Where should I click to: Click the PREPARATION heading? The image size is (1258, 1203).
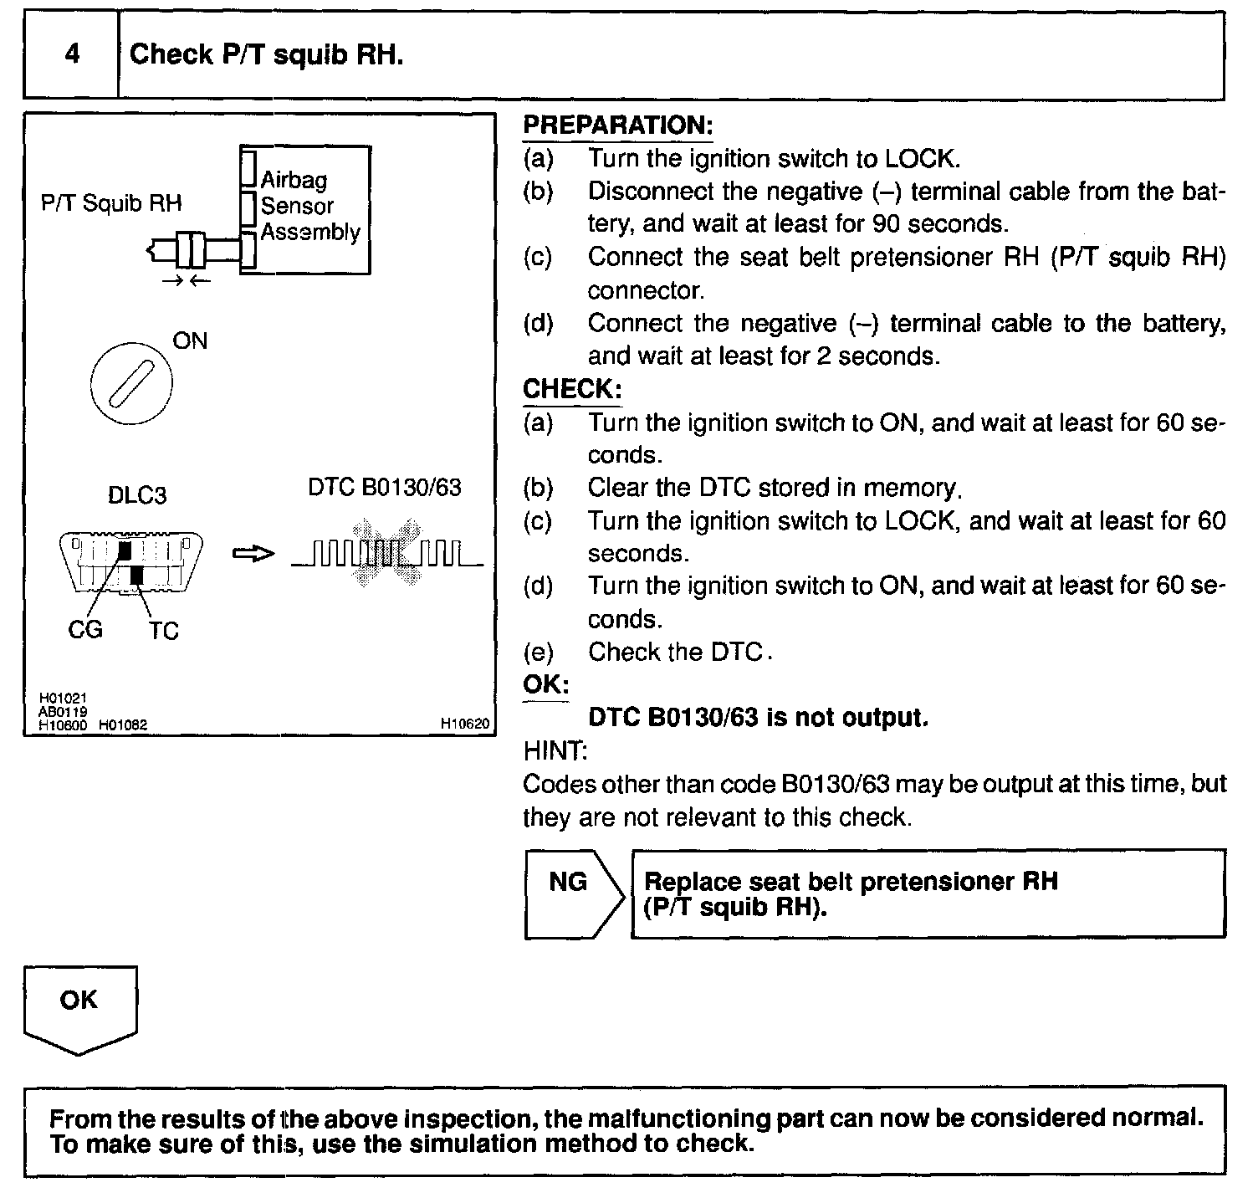617,125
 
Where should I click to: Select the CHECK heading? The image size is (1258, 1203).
572,389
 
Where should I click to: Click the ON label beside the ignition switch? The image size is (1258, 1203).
189,341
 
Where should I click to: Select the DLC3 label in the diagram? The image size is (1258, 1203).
137,495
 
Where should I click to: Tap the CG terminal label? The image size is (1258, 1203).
85,629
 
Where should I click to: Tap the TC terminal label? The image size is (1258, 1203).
164,631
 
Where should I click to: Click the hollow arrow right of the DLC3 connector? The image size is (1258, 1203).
253,554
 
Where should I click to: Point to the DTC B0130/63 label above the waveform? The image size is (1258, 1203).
385,487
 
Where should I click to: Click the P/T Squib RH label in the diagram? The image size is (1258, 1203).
111,203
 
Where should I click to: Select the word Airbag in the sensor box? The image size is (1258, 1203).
294,180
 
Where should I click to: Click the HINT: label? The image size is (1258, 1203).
555,751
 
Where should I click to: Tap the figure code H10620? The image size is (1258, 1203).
464,724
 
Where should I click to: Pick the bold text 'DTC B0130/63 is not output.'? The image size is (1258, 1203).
758,718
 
